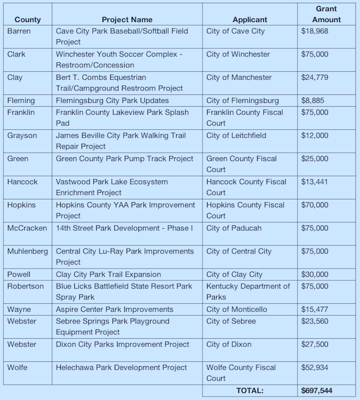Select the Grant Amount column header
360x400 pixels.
(x=327, y=14)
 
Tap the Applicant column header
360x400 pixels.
(x=249, y=20)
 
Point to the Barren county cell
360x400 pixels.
(x=19, y=31)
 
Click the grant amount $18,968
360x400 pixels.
(x=315, y=31)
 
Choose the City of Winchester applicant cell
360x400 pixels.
(x=238, y=54)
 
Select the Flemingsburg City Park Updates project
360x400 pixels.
(x=112, y=101)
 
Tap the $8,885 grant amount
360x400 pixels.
(x=313, y=101)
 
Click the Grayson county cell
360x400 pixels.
(x=22, y=135)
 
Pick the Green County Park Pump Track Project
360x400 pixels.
(x=124, y=158)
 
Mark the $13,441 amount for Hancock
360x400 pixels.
(x=315, y=181)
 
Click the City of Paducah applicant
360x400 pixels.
(x=233, y=228)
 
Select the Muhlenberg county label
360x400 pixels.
(x=28, y=251)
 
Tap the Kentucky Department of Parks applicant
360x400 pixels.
(x=248, y=292)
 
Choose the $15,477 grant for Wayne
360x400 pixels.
(x=315, y=310)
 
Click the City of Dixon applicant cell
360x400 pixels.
(x=229, y=344)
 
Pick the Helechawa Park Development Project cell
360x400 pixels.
(x=121, y=367)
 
